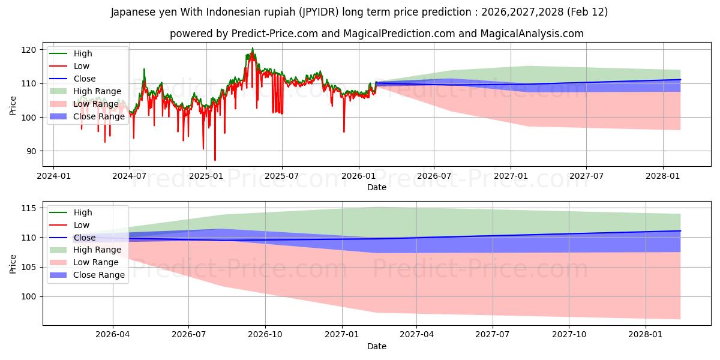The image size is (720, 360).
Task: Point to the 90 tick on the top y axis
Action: click(x=32, y=151)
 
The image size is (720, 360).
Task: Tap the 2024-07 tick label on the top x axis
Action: click(x=130, y=176)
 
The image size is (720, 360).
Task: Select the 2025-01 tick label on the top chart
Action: click(x=206, y=176)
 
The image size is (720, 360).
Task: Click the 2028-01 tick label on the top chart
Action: click(x=662, y=176)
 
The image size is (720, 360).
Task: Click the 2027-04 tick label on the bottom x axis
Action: click(x=417, y=335)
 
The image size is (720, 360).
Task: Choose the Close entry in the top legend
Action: click(x=85, y=79)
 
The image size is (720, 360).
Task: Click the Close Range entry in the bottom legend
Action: click(x=99, y=275)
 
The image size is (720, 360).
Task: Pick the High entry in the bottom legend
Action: click(x=82, y=212)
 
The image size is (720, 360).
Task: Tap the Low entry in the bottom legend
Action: click(x=81, y=225)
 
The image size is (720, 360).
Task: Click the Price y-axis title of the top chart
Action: click(x=13, y=106)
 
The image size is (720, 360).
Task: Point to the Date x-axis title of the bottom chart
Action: click(x=376, y=346)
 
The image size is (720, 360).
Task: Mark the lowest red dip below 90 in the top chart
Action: click(x=215, y=160)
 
